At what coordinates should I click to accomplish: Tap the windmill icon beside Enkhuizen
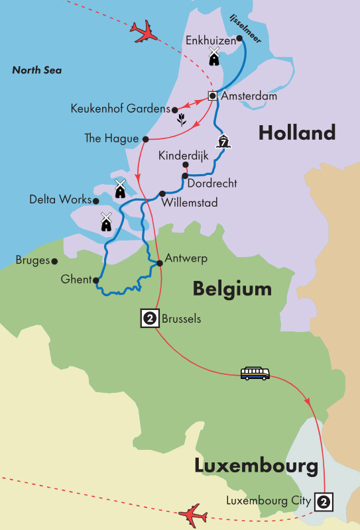[214, 56]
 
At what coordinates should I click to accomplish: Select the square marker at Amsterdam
[213, 96]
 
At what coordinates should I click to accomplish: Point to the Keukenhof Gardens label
[119, 109]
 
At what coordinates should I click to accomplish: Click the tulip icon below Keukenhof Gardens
[180, 121]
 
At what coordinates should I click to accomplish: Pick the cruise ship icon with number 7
[223, 141]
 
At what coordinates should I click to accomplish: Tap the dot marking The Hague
[145, 138]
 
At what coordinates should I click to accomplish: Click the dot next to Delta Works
[96, 201]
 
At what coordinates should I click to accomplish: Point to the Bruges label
[33, 260]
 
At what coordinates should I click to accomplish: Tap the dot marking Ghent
[96, 280]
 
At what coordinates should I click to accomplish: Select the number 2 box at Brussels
[150, 319]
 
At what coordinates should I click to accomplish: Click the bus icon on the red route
[255, 374]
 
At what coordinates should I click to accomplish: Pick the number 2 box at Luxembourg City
[324, 501]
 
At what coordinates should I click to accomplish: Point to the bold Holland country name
[296, 132]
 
